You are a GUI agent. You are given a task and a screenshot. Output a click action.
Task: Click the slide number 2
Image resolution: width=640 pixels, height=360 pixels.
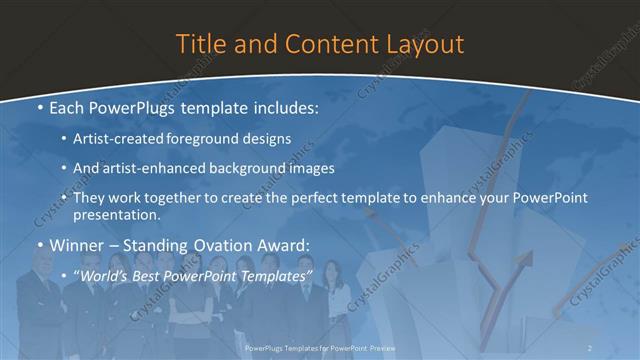point(590,347)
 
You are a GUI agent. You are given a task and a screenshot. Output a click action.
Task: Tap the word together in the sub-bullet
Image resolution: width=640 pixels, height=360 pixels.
point(178,199)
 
